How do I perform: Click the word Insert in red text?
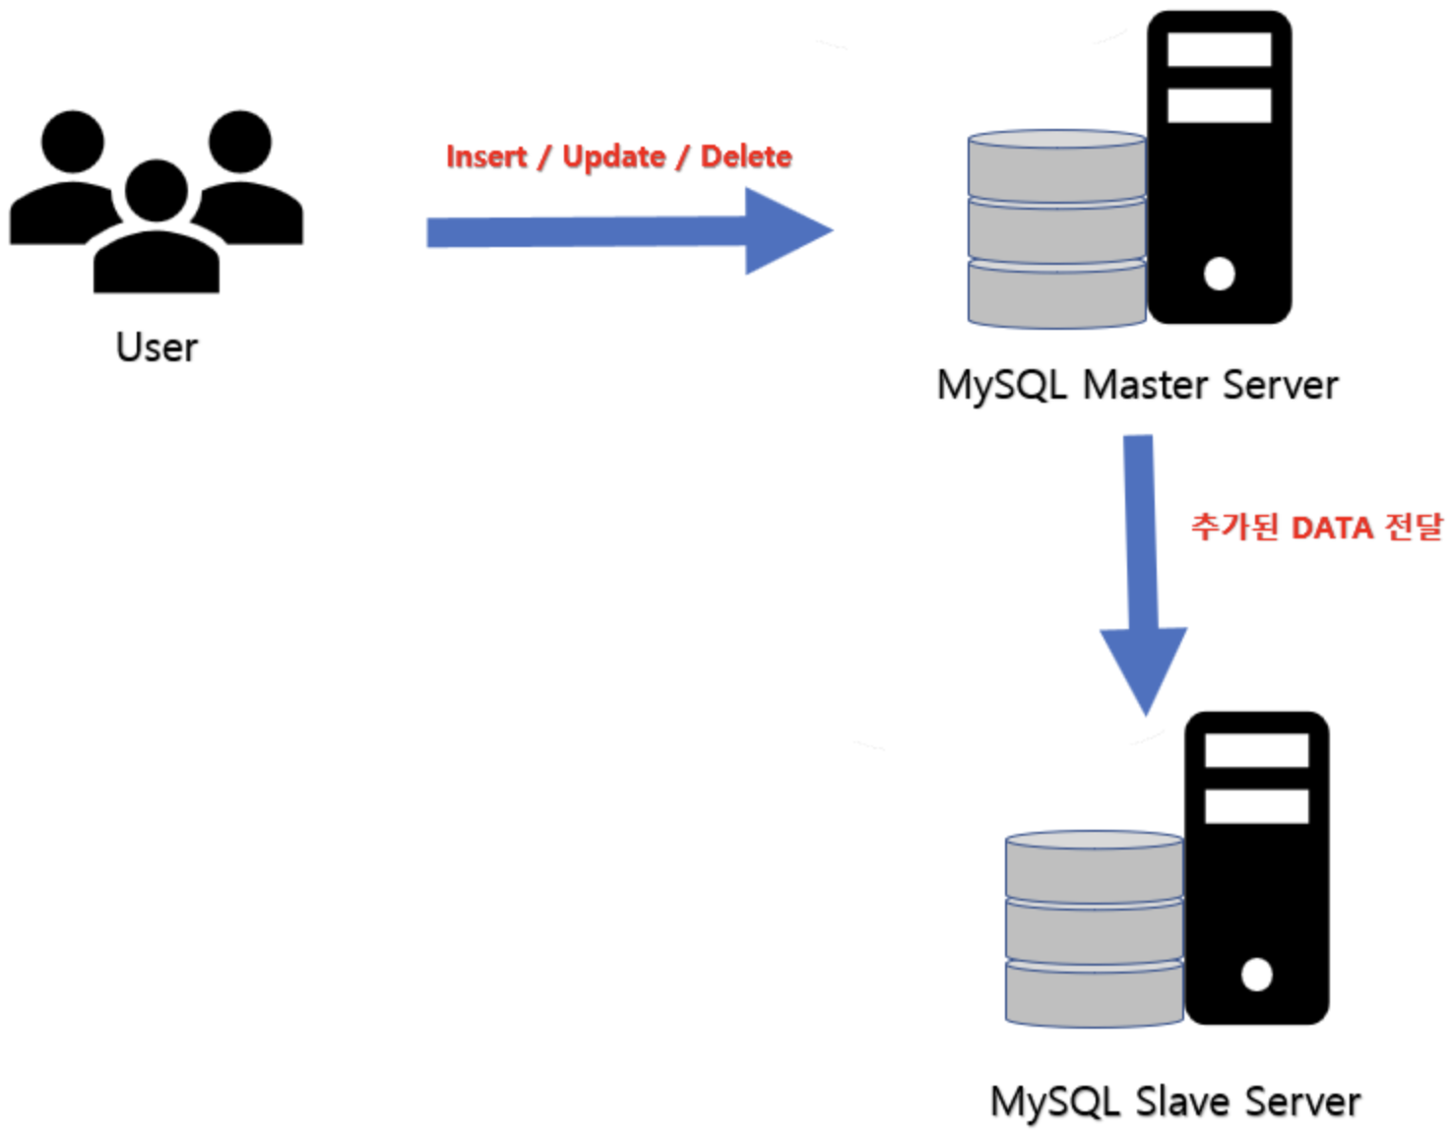(x=486, y=157)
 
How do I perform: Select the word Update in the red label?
(x=613, y=157)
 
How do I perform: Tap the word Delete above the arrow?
(x=745, y=157)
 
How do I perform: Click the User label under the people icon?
(x=157, y=347)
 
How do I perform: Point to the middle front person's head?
(x=157, y=190)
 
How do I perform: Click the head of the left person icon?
(x=72, y=142)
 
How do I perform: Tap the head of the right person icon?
(x=240, y=142)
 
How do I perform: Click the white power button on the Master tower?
(x=1219, y=274)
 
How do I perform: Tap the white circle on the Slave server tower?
(x=1256, y=975)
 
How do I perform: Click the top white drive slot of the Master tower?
(x=1219, y=50)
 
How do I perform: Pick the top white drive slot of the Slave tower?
(x=1256, y=751)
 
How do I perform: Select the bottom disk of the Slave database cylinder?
(x=1094, y=994)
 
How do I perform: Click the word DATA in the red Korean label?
(x=1331, y=529)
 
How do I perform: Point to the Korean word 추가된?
(x=1234, y=528)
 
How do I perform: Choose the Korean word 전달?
(x=1414, y=528)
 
